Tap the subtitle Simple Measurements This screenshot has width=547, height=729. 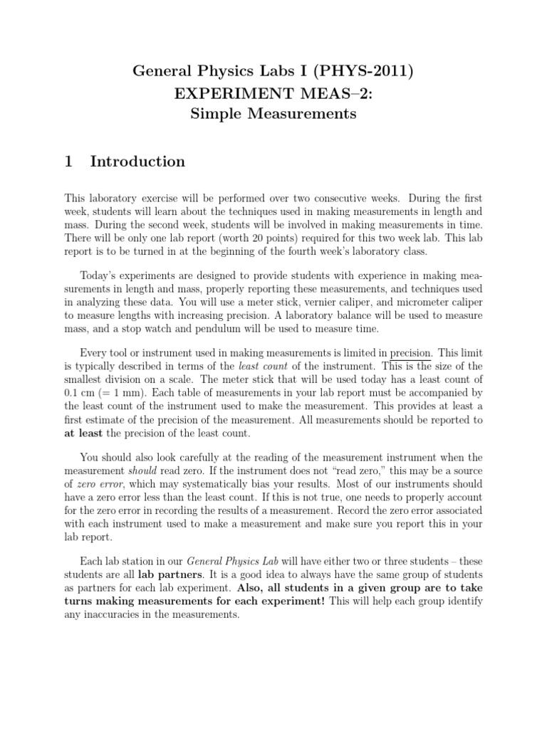click(x=273, y=113)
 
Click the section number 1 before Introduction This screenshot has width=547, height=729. click(x=69, y=162)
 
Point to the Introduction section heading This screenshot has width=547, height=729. click(x=137, y=162)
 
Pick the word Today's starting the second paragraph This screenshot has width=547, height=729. click(x=102, y=275)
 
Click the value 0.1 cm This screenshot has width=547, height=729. click(x=80, y=390)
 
